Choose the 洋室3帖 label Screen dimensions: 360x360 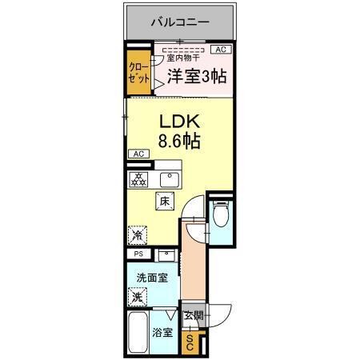(x=197, y=77)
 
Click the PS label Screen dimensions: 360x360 (x=137, y=254)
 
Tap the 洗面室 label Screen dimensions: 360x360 (x=151, y=278)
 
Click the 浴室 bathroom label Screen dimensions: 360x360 (x=162, y=332)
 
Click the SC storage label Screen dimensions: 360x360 (x=190, y=342)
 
